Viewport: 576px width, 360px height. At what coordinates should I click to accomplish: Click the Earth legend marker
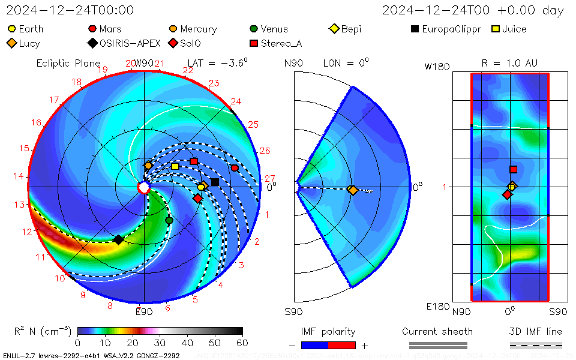(x=12, y=29)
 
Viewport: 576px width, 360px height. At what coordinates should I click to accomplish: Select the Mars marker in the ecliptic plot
(x=235, y=168)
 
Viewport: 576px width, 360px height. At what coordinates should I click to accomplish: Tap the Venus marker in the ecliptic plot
(x=169, y=220)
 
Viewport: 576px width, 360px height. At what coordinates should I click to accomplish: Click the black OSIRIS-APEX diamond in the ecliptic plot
(x=119, y=239)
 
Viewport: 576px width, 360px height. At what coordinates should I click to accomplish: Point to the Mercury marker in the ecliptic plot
(x=148, y=165)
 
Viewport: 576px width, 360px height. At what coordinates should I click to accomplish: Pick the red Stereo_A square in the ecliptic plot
(x=194, y=161)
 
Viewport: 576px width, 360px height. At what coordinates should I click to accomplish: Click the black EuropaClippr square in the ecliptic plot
(x=215, y=182)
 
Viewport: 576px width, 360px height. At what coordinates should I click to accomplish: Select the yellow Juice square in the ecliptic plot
(x=175, y=166)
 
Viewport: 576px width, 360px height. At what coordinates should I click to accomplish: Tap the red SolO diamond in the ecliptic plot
(x=198, y=198)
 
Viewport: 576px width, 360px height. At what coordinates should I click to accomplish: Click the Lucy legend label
(x=29, y=43)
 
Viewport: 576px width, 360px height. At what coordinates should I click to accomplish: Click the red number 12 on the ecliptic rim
(x=27, y=232)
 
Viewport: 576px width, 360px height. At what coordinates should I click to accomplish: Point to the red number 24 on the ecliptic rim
(x=236, y=101)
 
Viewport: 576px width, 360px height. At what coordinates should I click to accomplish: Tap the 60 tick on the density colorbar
(x=242, y=343)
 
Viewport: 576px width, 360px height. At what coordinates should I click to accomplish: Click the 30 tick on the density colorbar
(x=160, y=343)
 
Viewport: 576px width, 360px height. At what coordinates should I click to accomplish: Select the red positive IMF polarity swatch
(x=342, y=345)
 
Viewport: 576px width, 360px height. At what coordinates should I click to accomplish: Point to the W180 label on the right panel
(x=437, y=67)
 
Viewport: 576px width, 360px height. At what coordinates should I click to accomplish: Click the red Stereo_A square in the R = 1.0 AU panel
(x=513, y=170)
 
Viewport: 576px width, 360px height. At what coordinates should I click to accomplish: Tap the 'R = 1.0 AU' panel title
(x=509, y=63)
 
